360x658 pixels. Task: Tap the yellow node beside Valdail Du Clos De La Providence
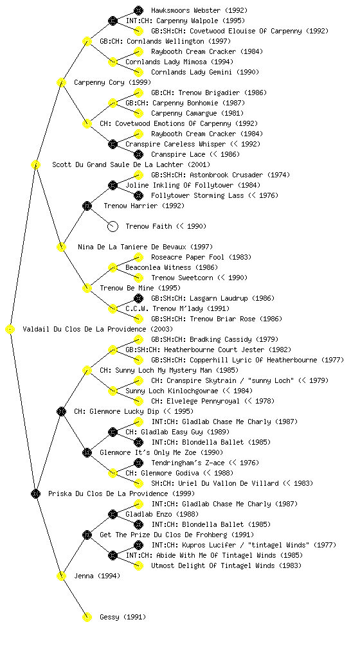(10, 330)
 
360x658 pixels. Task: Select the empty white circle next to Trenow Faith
(113, 227)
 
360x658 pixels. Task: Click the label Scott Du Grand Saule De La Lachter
(118, 165)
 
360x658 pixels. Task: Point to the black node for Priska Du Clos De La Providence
(35, 494)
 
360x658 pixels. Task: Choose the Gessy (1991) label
(123, 618)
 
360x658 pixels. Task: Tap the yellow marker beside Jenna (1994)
(61, 576)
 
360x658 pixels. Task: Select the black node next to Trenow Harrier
(87, 206)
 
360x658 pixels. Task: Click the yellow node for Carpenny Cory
(61, 83)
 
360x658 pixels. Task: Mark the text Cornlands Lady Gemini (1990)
(205, 72)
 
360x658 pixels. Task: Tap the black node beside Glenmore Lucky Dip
(61, 412)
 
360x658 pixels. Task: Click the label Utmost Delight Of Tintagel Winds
(213, 565)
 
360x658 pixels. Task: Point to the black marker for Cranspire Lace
(138, 154)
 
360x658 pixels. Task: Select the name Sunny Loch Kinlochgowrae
(172, 391)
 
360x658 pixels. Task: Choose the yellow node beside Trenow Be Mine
(87, 289)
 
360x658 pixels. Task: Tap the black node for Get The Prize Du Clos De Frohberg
(87, 535)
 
